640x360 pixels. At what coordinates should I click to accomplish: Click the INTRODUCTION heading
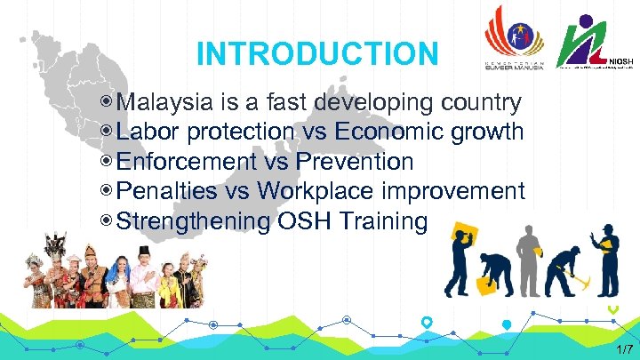(x=317, y=54)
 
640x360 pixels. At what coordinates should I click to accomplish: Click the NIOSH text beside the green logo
(x=622, y=61)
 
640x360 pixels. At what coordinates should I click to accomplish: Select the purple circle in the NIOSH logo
(x=588, y=21)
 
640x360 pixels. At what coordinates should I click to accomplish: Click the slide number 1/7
(x=625, y=349)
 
